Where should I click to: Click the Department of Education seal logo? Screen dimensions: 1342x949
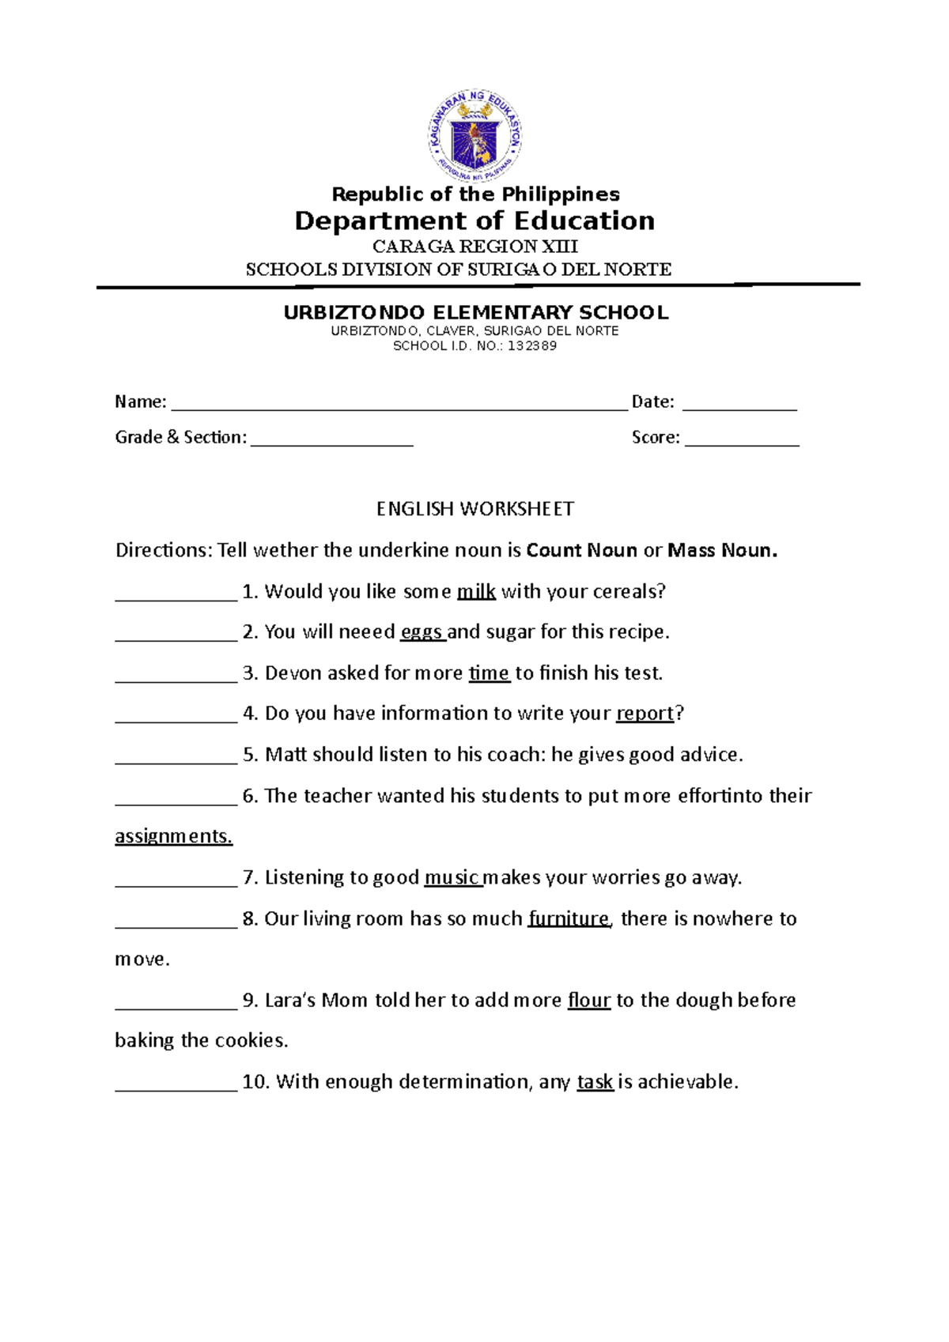[475, 136]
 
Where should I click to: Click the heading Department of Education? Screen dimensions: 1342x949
[475, 221]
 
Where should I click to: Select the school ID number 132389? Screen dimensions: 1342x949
[532, 346]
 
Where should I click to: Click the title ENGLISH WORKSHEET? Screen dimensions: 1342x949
[475, 509]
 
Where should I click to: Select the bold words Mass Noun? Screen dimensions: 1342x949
[722, 550]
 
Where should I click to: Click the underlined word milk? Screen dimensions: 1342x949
[476, 591]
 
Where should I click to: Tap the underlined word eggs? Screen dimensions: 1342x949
[422, 632]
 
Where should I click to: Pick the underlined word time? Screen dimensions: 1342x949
[489, 673]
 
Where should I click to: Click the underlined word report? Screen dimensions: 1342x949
[645, 714]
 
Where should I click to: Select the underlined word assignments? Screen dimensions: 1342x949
[173, 836]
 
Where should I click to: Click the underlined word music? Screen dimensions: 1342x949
[452, 877]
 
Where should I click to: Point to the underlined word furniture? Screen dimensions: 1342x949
[569, 918]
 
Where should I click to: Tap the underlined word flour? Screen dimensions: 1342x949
[589, 1000]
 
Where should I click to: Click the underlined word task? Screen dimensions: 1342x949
[595, 1081]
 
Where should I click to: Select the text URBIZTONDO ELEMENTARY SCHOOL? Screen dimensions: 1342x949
[475, 312]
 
